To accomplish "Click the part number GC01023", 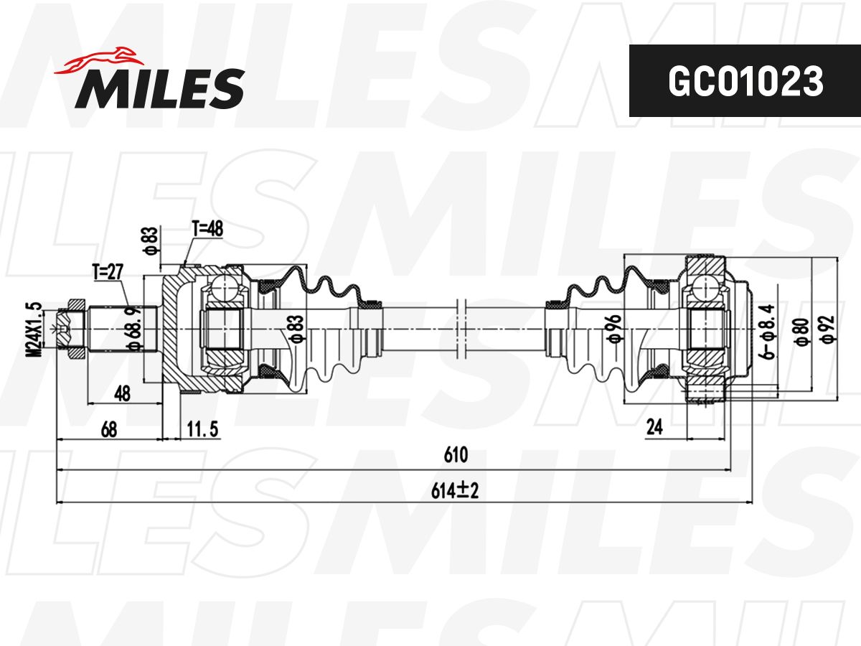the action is click(745, 81).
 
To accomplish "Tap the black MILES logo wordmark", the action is click(160, 88).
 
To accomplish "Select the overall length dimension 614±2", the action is click(455, 491).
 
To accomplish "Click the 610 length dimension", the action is click(456, 455).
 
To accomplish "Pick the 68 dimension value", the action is click(109, 429).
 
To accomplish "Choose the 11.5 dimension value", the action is click(202, 429).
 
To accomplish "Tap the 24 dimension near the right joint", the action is click(654, 427).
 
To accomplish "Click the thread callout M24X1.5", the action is click(35, 329).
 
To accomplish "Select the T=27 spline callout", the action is click(108, 271).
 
